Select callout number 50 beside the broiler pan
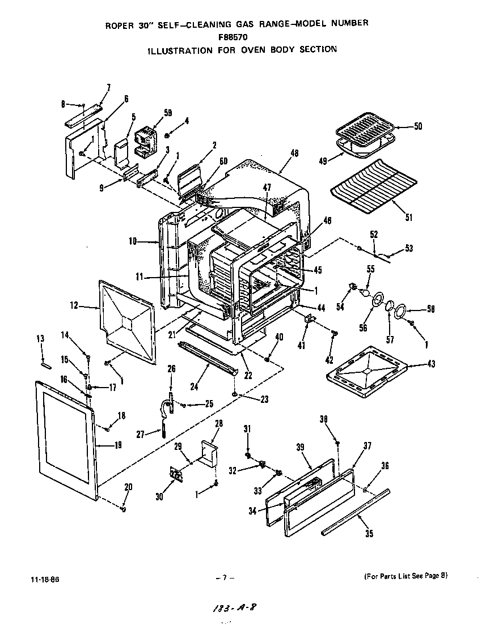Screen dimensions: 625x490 tap(418, 126)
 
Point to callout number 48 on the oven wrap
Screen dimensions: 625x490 tap(294, 153)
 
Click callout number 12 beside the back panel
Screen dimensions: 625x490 tap(74, 306)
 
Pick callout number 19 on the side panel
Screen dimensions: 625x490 tap(118, 445)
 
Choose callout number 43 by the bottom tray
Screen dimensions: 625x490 tap(432, 364)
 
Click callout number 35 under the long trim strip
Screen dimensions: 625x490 tap(369, 533)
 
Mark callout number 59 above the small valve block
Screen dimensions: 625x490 tap(152, 113)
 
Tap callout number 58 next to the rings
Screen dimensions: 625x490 tap(432, 309)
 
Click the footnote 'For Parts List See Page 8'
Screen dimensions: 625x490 tap(405, 576)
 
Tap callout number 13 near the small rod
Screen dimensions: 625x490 tap(40, 339)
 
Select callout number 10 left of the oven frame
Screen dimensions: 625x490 tap(133, 241)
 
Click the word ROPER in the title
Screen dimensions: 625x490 tap(117, 24)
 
